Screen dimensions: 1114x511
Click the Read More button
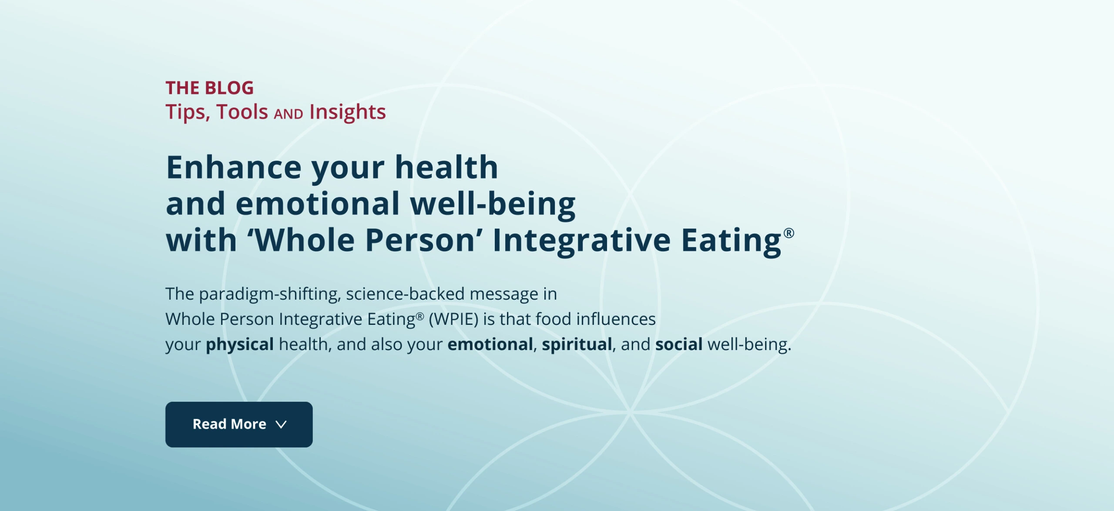[x=239, y=424]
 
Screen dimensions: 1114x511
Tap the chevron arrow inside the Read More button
[x=281, y=424]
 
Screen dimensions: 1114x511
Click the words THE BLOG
[x=209, y=88]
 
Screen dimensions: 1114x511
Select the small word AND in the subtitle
[x=289, y=114]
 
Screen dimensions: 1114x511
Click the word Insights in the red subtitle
[x=348, y=112]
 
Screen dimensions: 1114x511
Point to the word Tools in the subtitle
[x=242, y=112]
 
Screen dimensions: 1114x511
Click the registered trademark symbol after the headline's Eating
[x=789, y=233]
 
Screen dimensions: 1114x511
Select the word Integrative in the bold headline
[x=581, y=240]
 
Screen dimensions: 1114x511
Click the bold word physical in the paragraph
[x=240, y=344]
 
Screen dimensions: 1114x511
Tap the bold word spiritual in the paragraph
[x=577, y=344]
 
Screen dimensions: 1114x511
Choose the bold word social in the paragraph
[x=679, y=344]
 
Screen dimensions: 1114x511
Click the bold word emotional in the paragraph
[x=490, y=344]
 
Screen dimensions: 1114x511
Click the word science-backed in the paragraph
[x=405, y=294]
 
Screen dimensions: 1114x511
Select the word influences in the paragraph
[x=616, y=319]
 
